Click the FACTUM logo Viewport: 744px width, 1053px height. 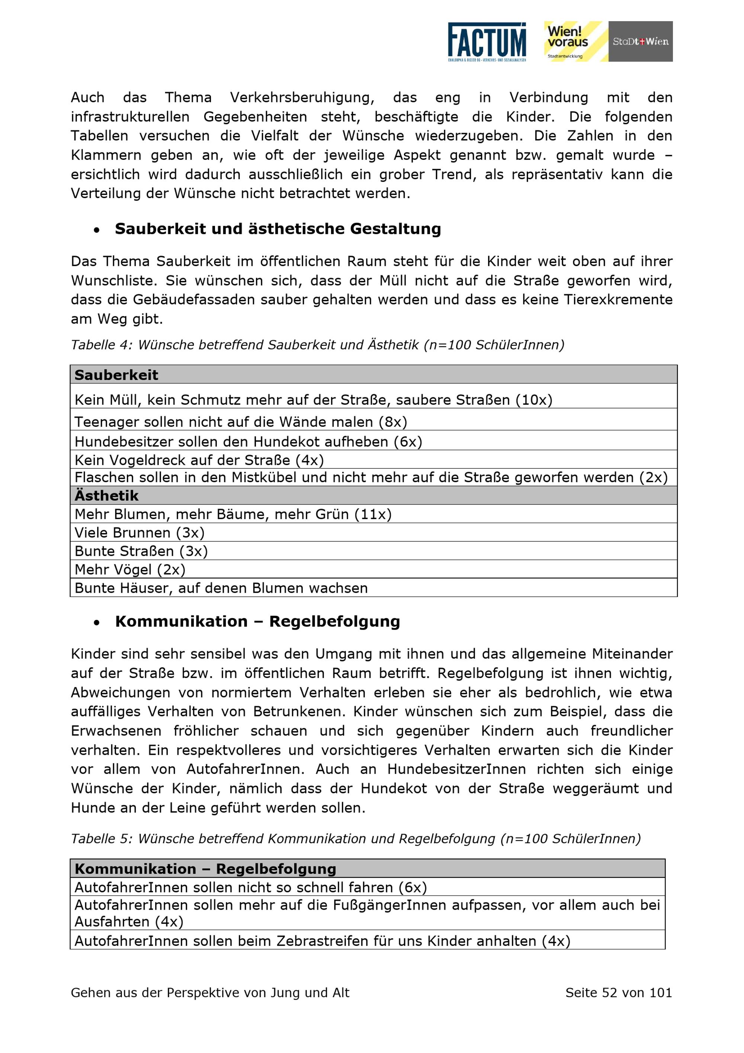487,42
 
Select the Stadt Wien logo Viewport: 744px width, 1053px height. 641,41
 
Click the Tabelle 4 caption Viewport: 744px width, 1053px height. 317,344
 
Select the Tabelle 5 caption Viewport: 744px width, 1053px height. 356,839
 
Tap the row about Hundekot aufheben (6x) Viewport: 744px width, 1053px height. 248,441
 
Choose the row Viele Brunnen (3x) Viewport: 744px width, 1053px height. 140,532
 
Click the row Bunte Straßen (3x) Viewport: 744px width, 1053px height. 141,551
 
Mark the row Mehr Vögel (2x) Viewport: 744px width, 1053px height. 130,569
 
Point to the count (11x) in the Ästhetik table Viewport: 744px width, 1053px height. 373,514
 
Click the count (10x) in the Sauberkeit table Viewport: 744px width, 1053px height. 534,400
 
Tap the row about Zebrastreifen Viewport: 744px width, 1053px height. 322,941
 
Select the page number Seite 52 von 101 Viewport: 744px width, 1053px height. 619,992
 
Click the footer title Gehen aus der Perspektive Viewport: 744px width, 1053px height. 210,992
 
